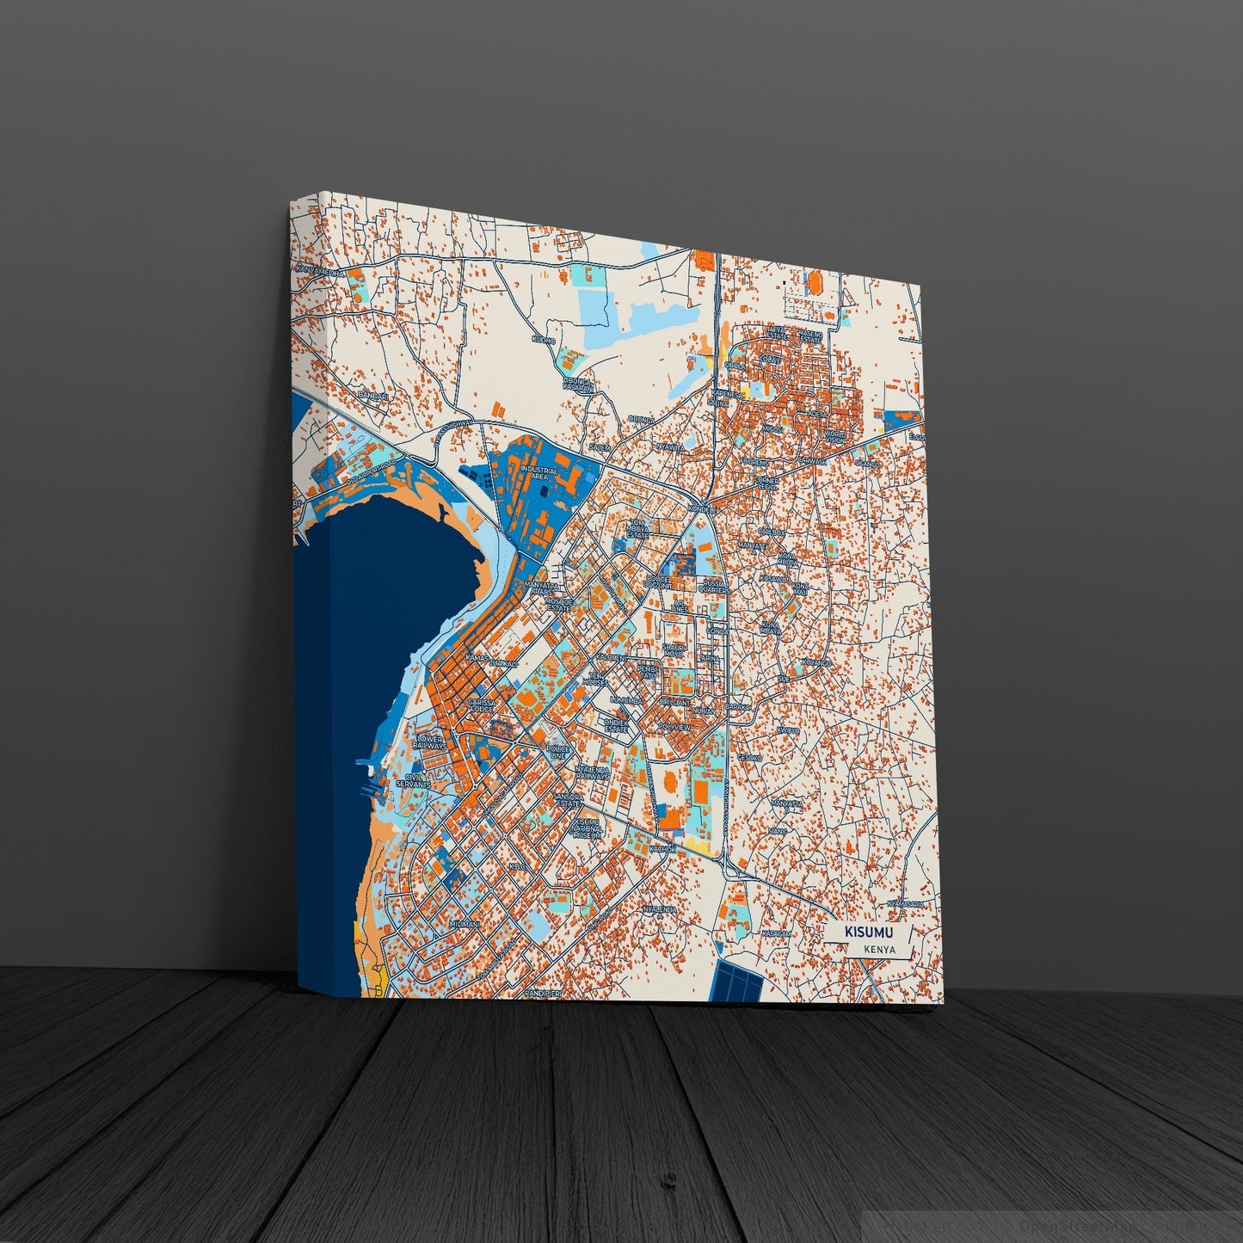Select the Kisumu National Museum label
pos(590,828)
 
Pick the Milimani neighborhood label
pos(463,923)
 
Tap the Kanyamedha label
pos(320,272)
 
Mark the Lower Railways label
pos(429,742)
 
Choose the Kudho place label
pos(544,341)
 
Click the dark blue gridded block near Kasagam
pos(739,981)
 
